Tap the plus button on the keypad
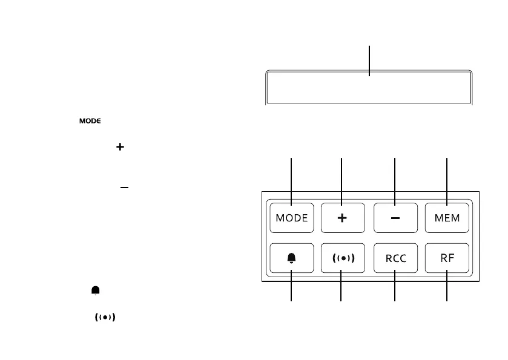click(x=342, y=218)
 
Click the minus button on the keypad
click(x=395, y=218)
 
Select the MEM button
click(x=447, y=218)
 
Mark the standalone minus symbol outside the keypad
click(x=124, y=188)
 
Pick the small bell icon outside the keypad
click(x=96, y=291)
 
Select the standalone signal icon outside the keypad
click(x=105, y=317)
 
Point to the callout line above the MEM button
click(x=447, y=175)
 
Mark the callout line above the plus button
click(x=342, y=175)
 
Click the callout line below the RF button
click(x=447, y=289)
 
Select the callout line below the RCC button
click(x=395, y=289)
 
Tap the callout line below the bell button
click(x=292, y=289)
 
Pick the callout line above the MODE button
click(x=292, y=175)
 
